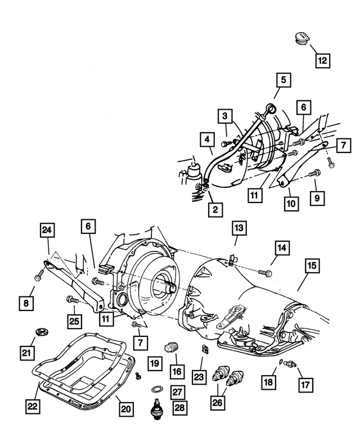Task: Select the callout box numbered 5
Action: [x=284, y=80]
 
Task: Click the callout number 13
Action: [x=239, y=228]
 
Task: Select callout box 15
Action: [x=312, y=265]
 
